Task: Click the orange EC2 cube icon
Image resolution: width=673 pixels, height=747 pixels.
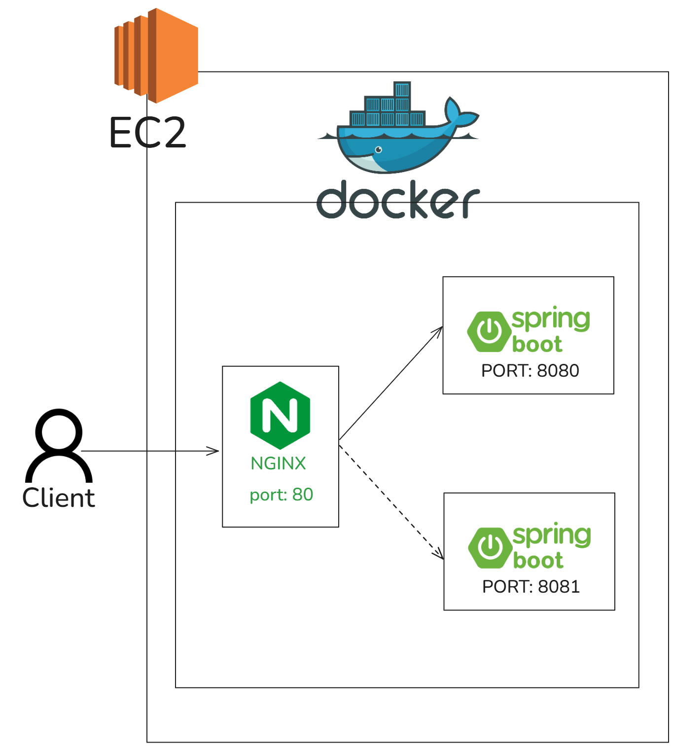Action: coord(156,55)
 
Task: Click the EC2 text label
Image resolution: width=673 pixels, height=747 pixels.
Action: coord(147,133)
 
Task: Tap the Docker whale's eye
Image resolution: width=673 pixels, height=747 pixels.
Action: coord(379,149)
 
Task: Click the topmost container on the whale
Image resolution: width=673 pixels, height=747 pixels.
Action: coord(402,89)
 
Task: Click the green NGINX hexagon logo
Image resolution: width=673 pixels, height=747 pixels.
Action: coord(280,415)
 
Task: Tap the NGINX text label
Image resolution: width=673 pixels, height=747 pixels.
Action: coord(278,463)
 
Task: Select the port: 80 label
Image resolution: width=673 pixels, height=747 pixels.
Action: coord(282,495)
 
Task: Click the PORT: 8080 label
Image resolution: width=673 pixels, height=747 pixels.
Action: coord(530,371)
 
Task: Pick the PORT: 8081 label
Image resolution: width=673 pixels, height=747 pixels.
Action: coord(531,587)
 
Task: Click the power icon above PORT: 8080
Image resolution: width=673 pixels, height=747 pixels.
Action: coord(489,331)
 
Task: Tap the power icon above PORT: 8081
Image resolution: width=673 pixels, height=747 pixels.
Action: coord(490,547)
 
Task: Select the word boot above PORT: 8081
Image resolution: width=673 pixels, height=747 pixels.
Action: coord(538,560)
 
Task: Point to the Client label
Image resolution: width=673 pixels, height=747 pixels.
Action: coord(58,498)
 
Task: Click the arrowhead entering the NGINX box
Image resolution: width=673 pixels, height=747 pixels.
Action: coord(215,451)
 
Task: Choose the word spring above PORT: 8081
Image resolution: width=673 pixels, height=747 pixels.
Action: coord(551,535)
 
